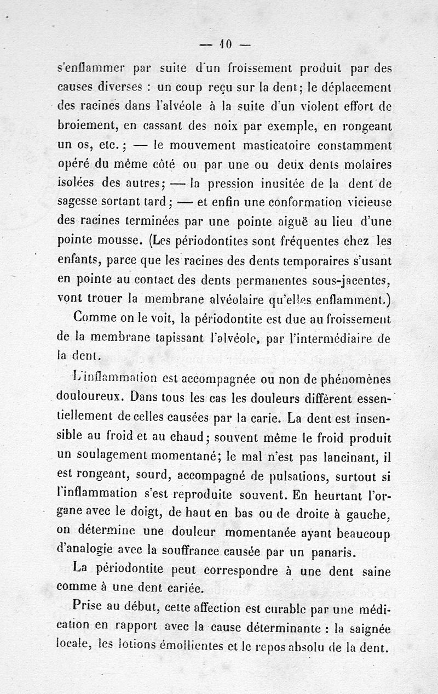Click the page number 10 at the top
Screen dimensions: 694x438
click(225, 43)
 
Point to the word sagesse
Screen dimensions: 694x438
click(78, 203)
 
